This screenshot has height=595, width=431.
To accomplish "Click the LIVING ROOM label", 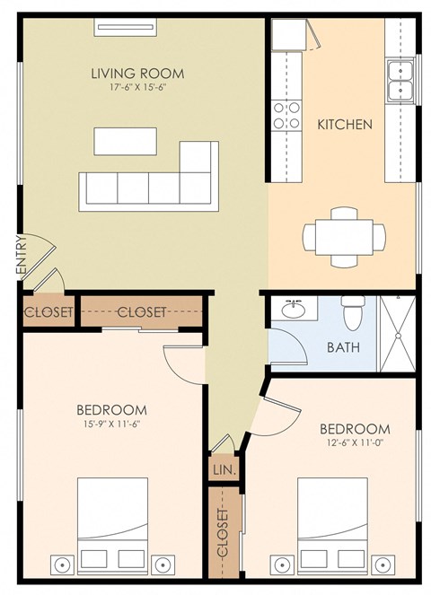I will pyautogui.click(x=137, y=73).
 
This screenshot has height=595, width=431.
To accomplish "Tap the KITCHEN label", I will pyautogui.click(x=344, y=125).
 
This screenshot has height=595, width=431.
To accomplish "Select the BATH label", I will pyautogui.click(x=343, y=347).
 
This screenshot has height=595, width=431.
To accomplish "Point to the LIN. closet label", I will pyautogui.click(x=223, y=468).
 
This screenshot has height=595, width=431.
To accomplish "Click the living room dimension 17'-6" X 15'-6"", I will pyautogui.click(x=137, y=89).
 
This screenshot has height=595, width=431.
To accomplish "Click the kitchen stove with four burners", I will pyautogui.click(x=286, y=115).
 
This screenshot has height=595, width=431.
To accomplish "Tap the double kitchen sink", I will pyautogui.click(x=400, y=79).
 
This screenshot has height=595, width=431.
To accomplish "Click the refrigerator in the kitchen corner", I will pyautogui.click(x=290, y=36).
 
